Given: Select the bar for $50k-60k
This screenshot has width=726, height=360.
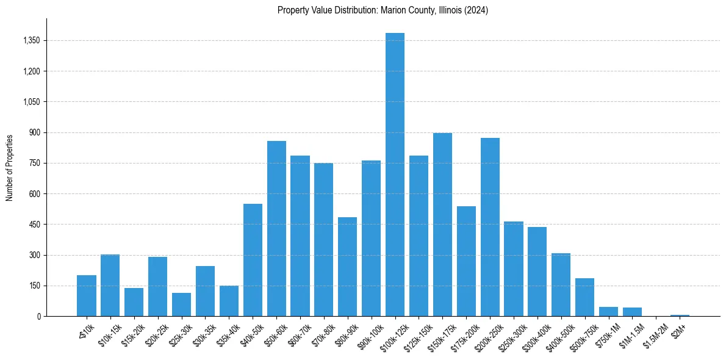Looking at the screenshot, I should tap(276, 229).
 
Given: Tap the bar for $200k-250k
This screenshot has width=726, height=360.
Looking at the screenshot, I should tap(490, 227).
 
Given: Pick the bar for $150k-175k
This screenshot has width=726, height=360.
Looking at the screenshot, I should tap(442, 225).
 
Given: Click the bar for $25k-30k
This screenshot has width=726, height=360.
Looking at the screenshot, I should tap(181, 304).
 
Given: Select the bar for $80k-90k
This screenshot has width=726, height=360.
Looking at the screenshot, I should tap(347, 267).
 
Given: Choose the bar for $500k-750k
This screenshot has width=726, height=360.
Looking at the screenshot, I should tap(584, 297).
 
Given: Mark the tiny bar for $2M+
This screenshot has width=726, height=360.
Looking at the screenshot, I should tap(680, 315).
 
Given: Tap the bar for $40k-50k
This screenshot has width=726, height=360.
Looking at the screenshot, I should tap(253, 260).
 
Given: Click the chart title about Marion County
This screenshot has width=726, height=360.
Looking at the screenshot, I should tap(383, 10).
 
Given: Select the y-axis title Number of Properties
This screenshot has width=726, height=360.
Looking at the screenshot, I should tap(10, 167).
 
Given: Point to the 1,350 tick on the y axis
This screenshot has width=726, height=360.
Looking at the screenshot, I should tap(31, 40).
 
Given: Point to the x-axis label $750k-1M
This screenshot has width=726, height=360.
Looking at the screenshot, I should tap(606, 333).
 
